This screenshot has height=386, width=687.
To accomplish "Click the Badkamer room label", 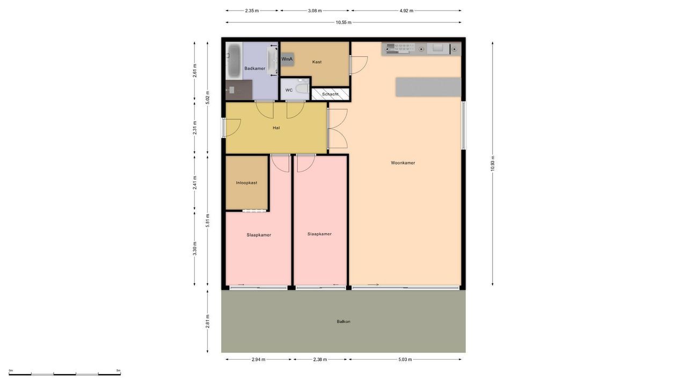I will click(254, 69).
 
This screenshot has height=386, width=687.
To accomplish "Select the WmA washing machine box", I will click(287, 59).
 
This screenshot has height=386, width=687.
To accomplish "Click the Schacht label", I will click(330, 94).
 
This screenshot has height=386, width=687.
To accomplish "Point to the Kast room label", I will click(317, 62).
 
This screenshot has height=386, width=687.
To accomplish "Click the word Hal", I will click(276, 128).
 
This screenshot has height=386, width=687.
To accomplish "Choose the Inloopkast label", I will click(246, 183).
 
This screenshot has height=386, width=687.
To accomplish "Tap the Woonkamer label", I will click(403, 163).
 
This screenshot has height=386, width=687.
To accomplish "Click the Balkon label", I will click(343, 322).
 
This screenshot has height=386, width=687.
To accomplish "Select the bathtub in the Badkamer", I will click(234, 60).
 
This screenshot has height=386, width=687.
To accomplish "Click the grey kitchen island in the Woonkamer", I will click(428, 87).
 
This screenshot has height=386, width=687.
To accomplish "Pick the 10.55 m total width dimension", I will click(343, 23).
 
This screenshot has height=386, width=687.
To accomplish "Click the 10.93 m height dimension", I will click(493, 164).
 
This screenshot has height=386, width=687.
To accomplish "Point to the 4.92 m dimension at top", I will click(406, 11).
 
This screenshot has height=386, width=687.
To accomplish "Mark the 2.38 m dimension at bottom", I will click(320, 360).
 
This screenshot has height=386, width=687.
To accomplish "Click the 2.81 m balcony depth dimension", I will click(208, 321).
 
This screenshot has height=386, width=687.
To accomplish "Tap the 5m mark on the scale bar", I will click(119, 370).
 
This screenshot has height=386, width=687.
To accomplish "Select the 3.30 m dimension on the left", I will click(195, 248).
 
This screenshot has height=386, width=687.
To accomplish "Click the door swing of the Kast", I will click(359, 65).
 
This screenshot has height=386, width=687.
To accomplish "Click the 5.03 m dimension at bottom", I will click(406, 360).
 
